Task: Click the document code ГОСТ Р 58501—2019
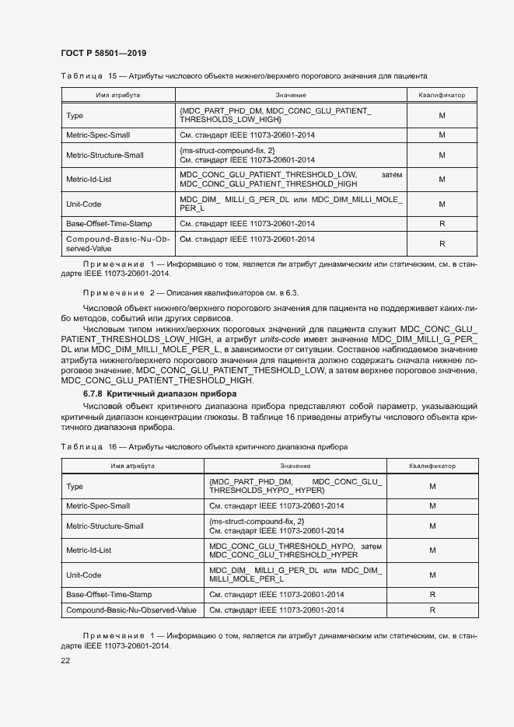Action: (103, 53)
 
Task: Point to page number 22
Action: (65, 660)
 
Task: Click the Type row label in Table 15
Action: (75, 115)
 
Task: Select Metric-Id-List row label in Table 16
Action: (89, 550)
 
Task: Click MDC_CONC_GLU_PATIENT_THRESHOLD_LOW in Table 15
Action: (267, 174)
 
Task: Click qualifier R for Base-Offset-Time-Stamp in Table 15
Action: (442, 224)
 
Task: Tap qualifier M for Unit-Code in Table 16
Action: (432, 575)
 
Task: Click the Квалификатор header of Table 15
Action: (442, 94)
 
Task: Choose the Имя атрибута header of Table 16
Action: (131, 466)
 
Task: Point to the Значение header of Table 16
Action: (295, 466)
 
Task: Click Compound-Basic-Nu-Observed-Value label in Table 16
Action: (131, 610)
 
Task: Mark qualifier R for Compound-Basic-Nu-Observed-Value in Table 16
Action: (432, 610)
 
